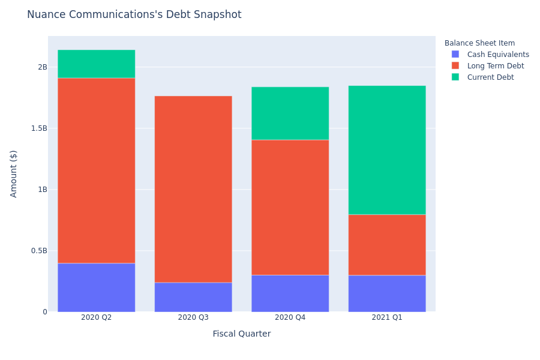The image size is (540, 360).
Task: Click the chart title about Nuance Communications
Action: pos(134,14)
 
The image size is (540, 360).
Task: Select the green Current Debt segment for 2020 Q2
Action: pos(97,64)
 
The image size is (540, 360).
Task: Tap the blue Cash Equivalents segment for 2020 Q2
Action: pos(97,287)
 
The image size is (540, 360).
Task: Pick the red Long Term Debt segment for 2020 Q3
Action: pos(193,190)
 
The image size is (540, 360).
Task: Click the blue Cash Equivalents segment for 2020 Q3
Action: pos(193,298)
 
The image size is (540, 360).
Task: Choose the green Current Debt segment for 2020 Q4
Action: pos(290,113)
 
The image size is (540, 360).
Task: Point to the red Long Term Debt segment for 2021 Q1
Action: pos(387,245)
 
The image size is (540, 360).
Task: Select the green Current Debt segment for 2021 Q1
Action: pos(387,150)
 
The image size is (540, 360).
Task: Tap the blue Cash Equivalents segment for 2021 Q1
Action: pos(387,293)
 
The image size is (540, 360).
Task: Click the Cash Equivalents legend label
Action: pos(498,55)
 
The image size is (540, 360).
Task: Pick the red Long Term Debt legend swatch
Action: pos(455,66)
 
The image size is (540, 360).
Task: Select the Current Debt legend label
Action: pos(490,77)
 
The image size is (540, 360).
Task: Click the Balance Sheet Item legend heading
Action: pos(479,43)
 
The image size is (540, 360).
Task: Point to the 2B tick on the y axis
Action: pos(43,67)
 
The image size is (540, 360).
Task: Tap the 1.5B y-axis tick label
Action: pos(39,128)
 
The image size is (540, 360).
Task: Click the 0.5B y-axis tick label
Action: pos(39,251)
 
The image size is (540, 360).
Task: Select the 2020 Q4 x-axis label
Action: pos(290,317)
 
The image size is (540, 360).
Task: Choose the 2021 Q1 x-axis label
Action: pos(387,317)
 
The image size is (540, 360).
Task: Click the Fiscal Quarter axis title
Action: pos(242,334)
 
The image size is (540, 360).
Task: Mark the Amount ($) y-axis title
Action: pos(13,174)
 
